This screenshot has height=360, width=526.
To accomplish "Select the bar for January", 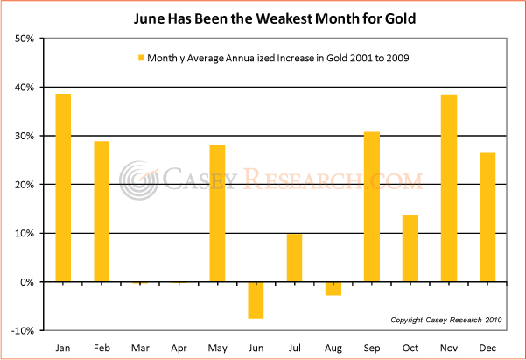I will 63,187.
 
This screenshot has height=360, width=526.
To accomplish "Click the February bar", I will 102,211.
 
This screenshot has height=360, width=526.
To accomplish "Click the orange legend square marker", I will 139,59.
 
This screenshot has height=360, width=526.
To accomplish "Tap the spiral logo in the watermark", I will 137,180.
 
